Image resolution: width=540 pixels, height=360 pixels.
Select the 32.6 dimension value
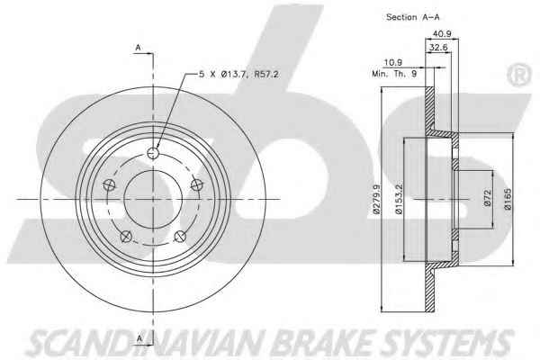click(439, 49)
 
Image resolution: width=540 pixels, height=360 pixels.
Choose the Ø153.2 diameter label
click(409, 199)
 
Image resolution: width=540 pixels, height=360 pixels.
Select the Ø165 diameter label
click(509, 199)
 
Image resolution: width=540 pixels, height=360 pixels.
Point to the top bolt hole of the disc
click(152, 153)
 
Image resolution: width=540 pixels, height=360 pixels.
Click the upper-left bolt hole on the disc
click(110, 185)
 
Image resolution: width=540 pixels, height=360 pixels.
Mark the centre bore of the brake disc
click(152, 199)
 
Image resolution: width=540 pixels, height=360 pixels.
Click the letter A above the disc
click(138, 47)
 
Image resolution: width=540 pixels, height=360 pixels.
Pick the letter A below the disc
click(138, 339)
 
